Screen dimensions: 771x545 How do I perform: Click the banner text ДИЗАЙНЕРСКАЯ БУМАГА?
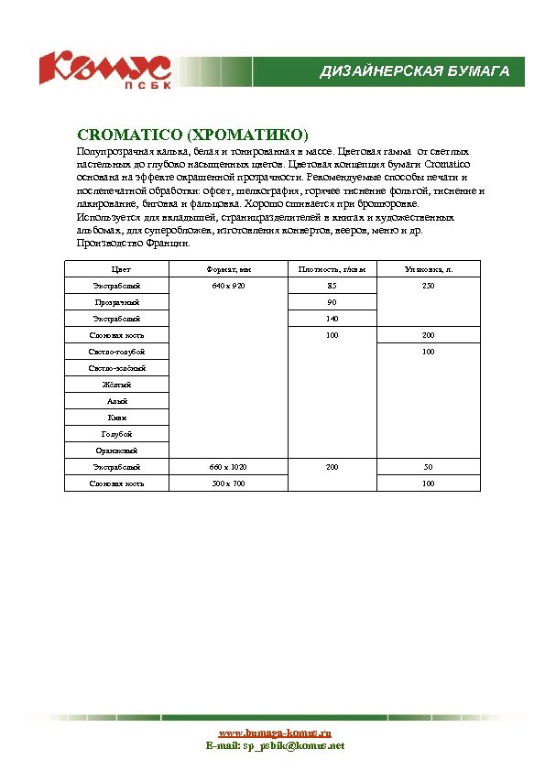click(x=414, y=71)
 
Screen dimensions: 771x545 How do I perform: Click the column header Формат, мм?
click(x=228, y=269)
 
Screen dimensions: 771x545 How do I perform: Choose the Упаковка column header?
click(x=429, y=269)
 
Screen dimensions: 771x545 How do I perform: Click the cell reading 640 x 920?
click(x=228, y=287)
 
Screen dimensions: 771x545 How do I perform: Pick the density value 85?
click(x=332, y=287)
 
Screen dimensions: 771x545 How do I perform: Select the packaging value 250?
click(x=429, y=287)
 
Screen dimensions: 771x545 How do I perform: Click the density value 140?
click(x=332, y=319)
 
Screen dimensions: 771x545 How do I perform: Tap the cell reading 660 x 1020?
click(x=228, y=467)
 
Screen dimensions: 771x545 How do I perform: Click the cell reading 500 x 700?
click(x=228, y=483)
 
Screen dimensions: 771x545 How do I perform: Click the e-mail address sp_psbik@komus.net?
click(x=275, y=746)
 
